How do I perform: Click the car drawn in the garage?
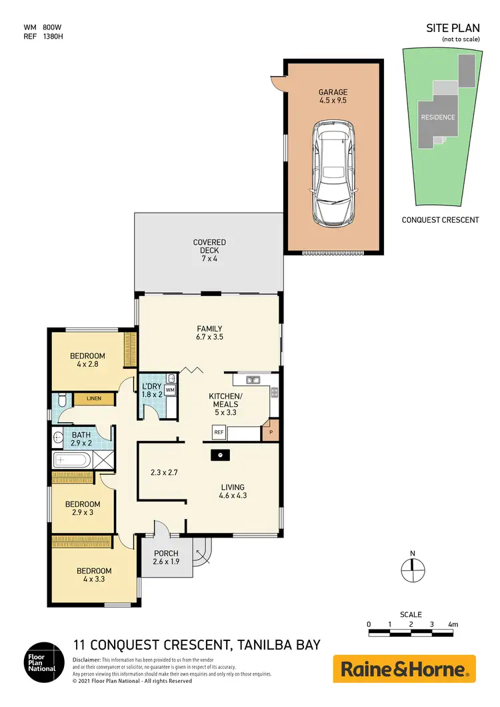[x=333, y=173]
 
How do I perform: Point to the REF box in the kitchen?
[x=218, y=433]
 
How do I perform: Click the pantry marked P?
[x=271, y=432]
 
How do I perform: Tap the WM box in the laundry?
[x=169, y=390]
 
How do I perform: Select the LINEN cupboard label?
[x=93, y=400]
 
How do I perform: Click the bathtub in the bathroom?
[x=71, y=460]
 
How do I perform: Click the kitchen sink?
[x=253, y=380]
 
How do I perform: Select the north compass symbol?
[x=413, y=568]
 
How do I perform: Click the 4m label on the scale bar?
[x=453, y=624]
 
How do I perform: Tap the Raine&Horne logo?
[x=404, y=668]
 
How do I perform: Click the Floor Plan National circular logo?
[x=45, y=663]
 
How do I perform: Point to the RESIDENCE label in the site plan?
[x=437, y=117]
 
